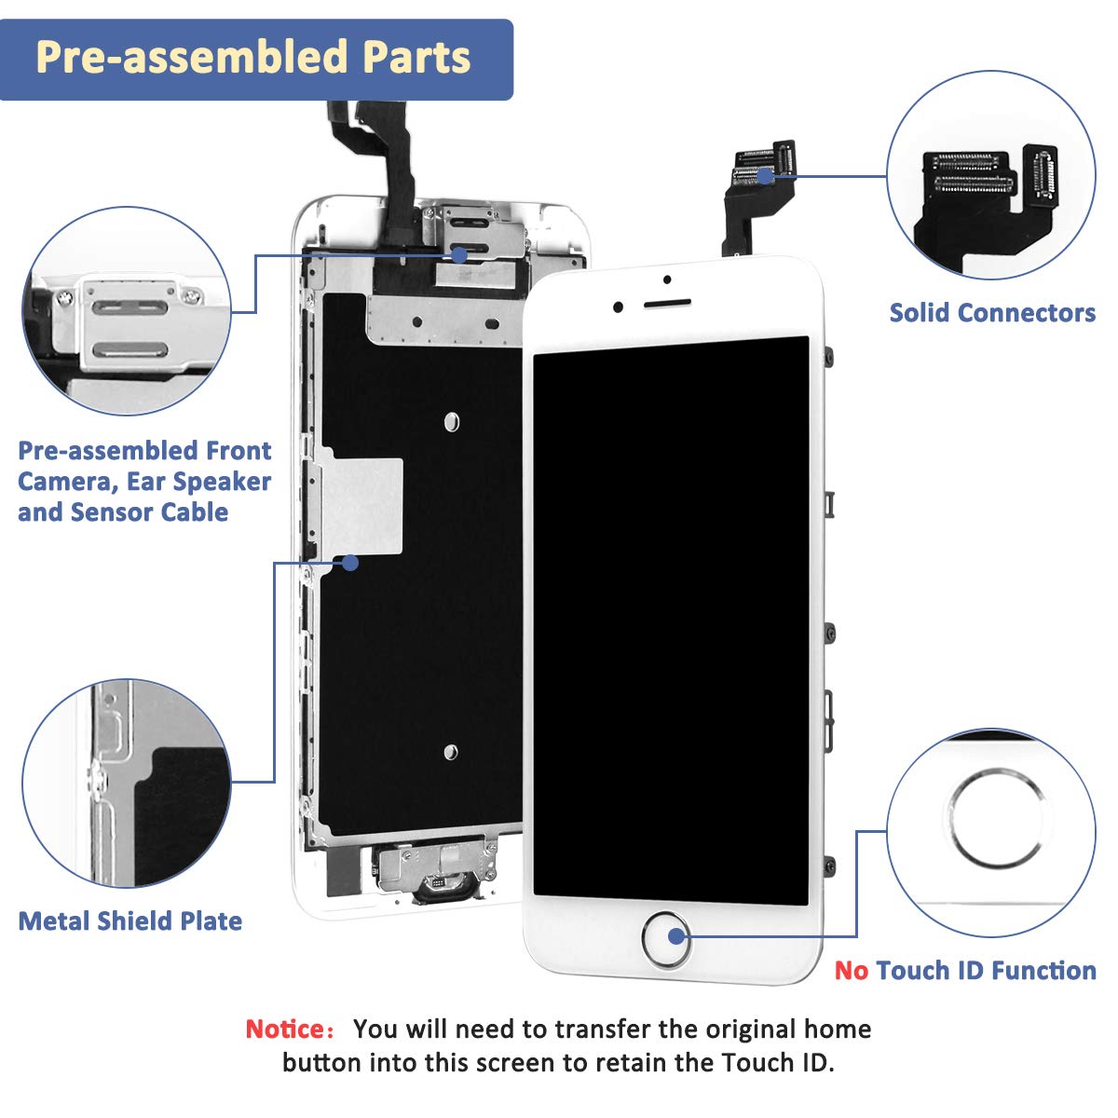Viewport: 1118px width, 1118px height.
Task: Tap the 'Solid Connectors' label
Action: [992, 313]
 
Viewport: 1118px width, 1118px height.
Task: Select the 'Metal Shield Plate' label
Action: [130, 921]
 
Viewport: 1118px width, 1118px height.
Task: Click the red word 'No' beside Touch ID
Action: [851, 971]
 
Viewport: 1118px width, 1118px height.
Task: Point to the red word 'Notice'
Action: [284, 1029]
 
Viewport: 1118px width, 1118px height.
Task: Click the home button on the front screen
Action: [665, 938]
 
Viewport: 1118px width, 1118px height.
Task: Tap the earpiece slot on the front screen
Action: [668, 304]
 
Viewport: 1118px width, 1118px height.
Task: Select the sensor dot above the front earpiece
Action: [668, 279]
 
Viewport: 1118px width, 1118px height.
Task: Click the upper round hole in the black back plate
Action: [452, 422]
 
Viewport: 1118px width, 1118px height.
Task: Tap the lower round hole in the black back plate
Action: [451, 752]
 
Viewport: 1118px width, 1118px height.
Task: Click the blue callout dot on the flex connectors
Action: [765, 174]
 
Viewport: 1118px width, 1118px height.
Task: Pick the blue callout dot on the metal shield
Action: [350, 563]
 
